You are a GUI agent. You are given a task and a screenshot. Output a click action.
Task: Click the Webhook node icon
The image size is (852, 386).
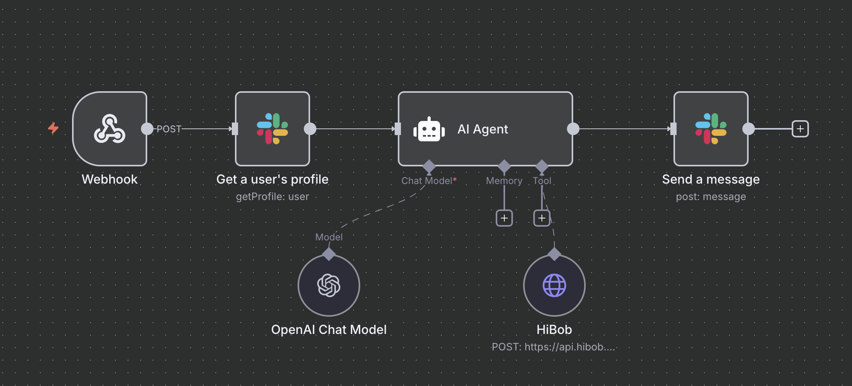(x=110, y=128)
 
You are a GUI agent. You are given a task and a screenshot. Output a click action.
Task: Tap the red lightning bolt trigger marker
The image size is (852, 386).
(x=53, y=128)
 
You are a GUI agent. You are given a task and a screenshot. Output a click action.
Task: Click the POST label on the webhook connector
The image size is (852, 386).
(x=169, y=129)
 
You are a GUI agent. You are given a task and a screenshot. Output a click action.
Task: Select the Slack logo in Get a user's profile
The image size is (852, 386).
(x=273, y=128)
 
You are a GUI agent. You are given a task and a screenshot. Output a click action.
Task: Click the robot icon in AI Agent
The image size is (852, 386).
(x=429, y=129)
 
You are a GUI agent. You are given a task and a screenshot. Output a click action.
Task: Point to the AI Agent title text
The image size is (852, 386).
(x=482, y=129)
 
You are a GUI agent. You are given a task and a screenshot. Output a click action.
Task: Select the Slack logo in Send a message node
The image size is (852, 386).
(x=711, y=128)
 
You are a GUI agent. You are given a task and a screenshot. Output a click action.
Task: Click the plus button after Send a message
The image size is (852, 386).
(x=800, y=129)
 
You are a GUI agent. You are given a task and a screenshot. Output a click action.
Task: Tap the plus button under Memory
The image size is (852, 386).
(x=504, y=218)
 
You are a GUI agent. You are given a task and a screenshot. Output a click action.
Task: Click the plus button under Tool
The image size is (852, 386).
(x=542, y=218)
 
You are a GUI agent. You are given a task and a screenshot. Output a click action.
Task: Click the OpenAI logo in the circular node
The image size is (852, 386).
(x=329, y=285)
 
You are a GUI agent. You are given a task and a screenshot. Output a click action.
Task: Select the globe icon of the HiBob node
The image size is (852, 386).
(x=554, y=285)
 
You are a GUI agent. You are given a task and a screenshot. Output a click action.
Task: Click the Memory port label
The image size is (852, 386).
(x=504, y=181)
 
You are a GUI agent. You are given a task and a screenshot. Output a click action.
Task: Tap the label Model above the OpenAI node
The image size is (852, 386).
(x=329, y=237)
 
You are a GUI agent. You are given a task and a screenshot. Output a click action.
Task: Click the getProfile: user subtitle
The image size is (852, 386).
(x=273, y=197)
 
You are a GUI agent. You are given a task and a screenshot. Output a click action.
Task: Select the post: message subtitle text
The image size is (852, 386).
(x=711, y=197)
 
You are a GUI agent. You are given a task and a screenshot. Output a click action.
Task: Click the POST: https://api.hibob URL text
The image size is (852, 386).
(x=553, y=347)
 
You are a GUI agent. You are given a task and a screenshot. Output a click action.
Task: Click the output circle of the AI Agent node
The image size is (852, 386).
(x=573, y=129)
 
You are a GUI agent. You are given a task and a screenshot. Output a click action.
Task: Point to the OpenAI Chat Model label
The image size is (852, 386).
(x=329, y=330)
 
